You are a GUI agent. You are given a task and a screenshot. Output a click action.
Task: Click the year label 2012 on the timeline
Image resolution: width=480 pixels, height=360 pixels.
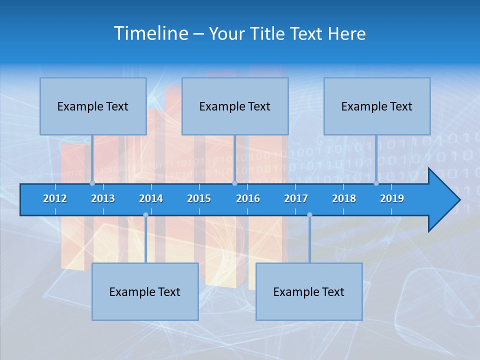55,198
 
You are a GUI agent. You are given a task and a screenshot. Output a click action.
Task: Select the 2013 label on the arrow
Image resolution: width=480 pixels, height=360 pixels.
103,198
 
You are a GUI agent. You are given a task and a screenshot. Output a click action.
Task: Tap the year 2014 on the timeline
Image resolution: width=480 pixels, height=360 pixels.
151,198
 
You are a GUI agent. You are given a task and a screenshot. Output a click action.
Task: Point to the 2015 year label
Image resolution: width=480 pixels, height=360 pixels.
199,198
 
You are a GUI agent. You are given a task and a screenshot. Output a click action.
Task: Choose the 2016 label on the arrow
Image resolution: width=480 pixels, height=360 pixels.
248,198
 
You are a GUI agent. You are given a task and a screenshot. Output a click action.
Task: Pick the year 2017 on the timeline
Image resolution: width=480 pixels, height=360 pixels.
296,198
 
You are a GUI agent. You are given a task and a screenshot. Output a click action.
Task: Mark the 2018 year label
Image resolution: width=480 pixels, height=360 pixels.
344,198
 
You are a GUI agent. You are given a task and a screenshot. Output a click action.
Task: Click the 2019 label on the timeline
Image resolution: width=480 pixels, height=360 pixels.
392,198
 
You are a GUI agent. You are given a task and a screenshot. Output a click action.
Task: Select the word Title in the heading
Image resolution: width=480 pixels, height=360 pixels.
269,33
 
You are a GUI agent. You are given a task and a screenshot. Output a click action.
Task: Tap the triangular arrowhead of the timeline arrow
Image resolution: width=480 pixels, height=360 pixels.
443,200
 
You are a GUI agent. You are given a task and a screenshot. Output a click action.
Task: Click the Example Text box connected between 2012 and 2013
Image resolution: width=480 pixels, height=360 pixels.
93,106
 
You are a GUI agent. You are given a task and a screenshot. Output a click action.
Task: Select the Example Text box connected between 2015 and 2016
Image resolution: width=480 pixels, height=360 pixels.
235,106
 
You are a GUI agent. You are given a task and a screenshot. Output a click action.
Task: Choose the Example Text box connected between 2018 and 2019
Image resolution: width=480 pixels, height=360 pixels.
377,106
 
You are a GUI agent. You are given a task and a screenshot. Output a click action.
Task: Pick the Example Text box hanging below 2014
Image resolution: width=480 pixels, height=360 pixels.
145,291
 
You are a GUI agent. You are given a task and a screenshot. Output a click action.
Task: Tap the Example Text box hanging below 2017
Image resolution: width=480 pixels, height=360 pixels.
309,291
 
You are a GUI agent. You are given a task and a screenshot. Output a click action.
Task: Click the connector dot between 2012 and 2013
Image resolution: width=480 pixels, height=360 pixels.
92,183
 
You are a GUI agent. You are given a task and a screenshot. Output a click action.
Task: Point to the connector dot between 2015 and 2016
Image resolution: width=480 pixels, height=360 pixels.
234,183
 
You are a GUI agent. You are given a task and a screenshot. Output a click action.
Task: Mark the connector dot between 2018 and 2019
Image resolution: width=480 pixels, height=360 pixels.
376,183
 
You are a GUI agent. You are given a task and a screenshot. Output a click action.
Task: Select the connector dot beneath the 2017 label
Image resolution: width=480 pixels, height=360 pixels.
309,215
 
